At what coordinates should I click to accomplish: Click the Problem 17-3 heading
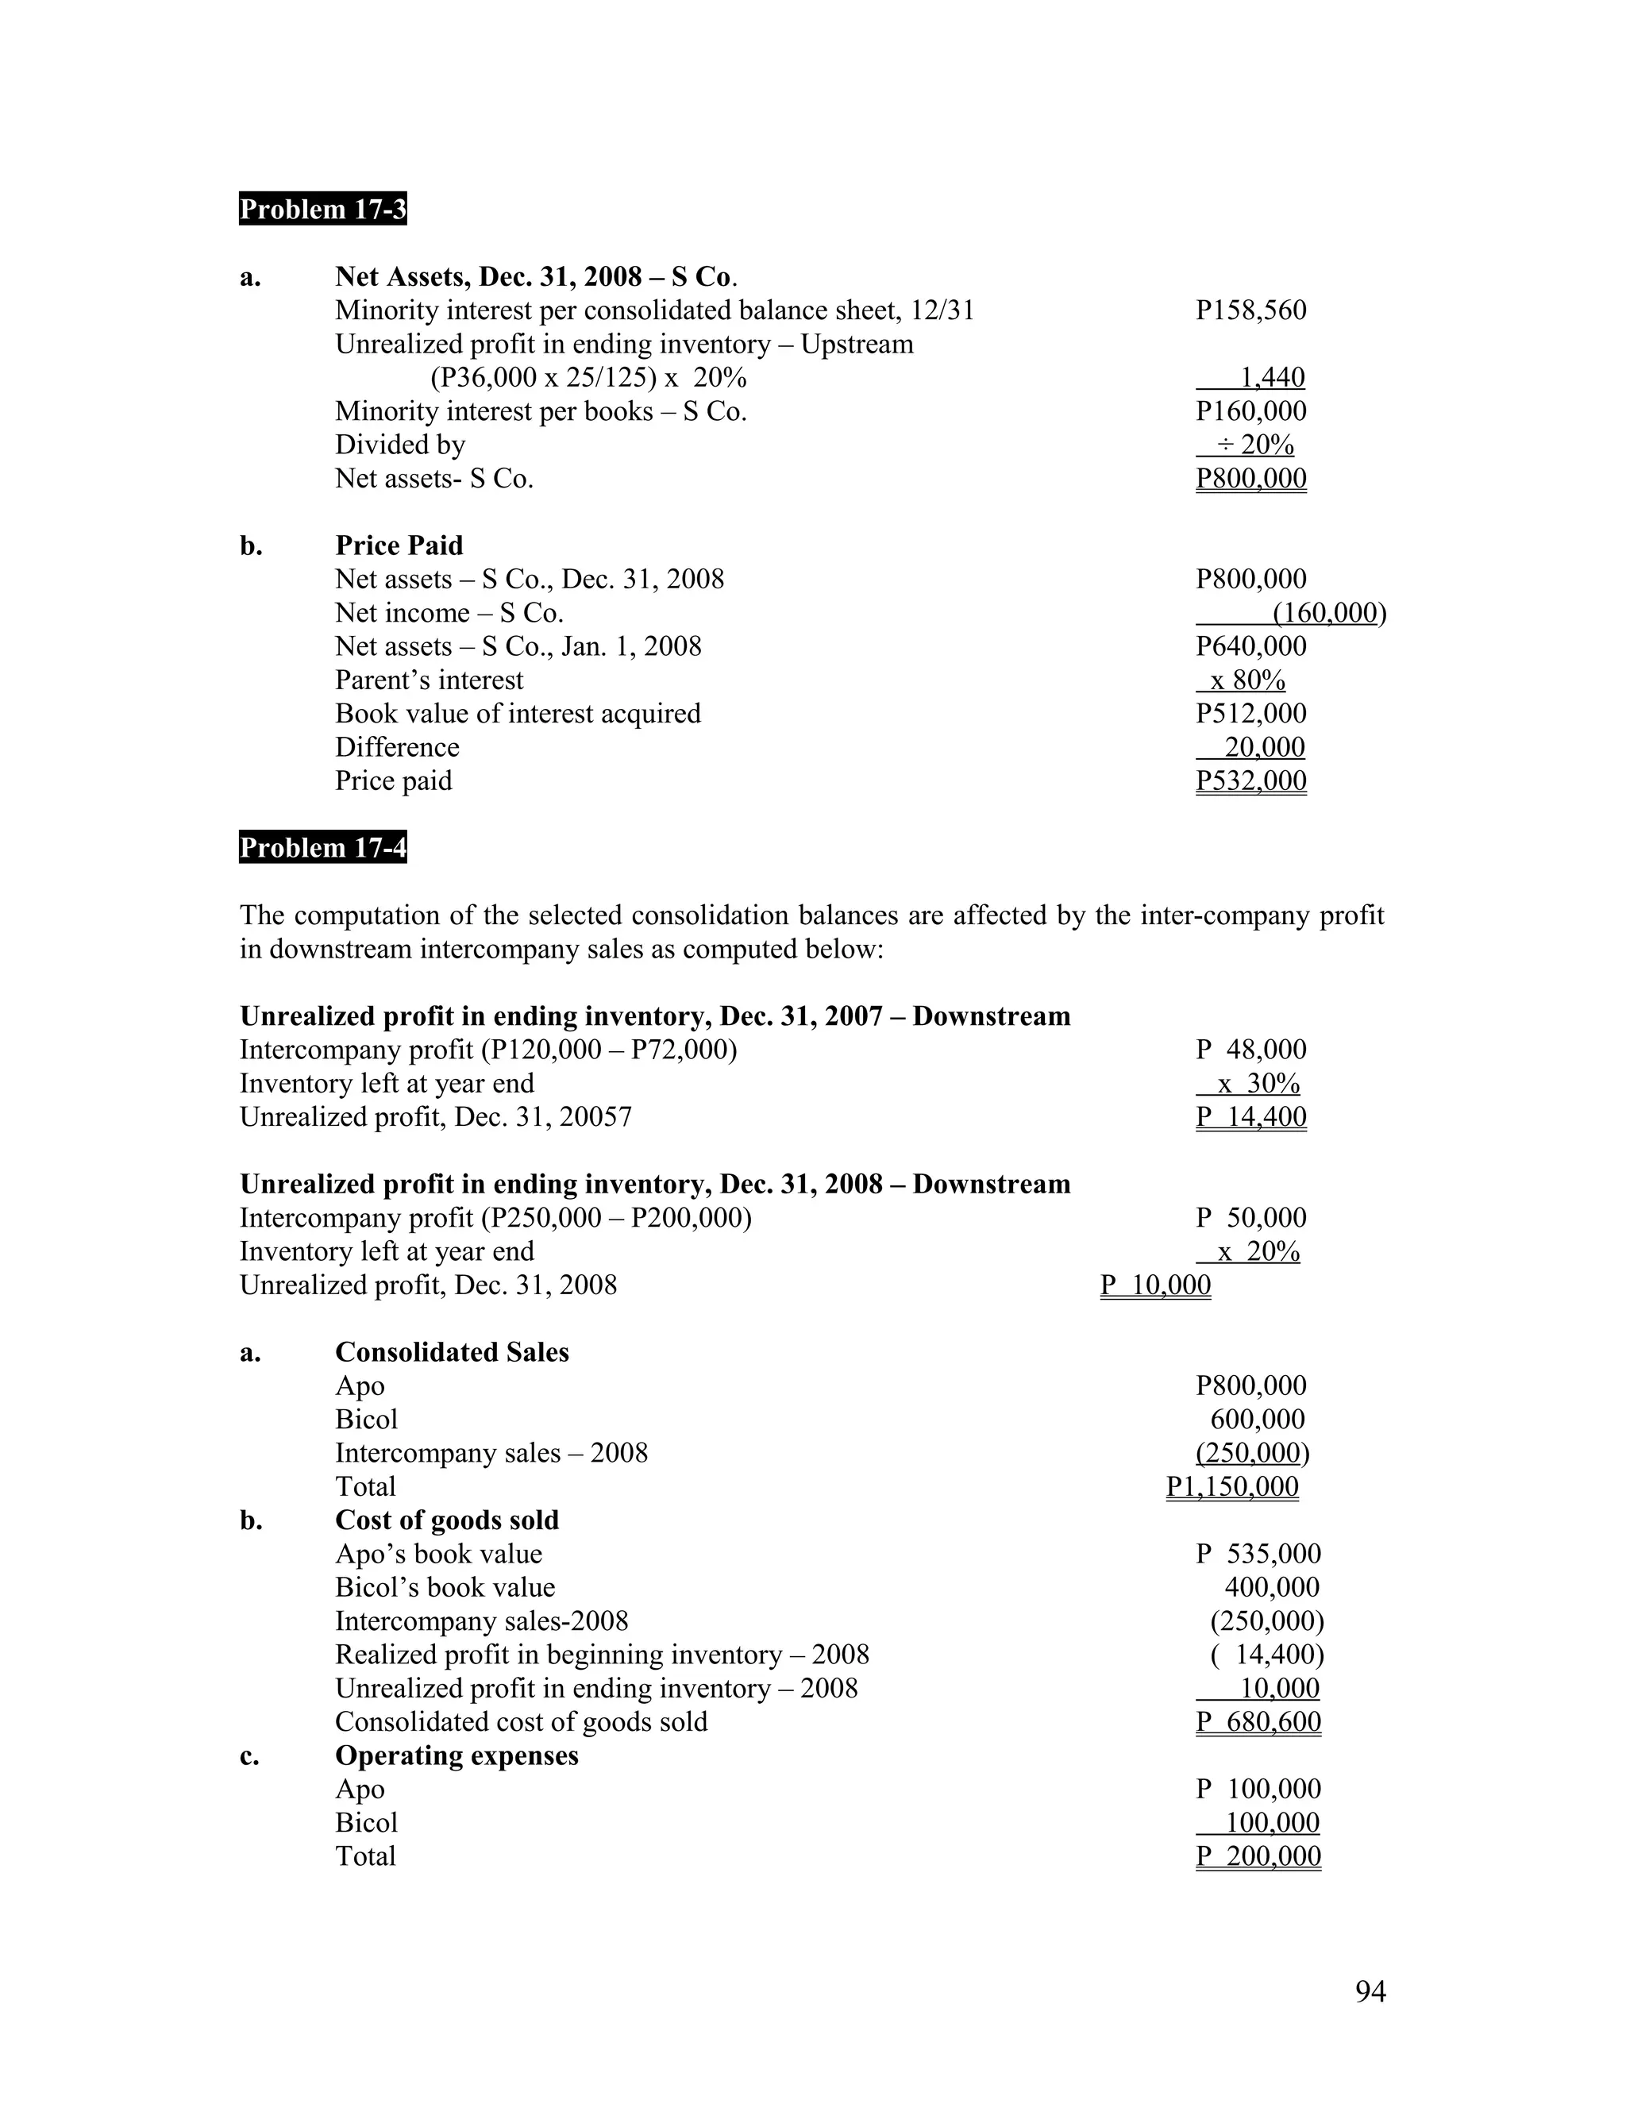click(x=322, y=209)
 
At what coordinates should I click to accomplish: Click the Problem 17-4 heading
click(x=322, y=848)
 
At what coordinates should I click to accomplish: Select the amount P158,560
click(x=1250, y=310)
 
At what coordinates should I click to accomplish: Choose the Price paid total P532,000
click(x=1250, y=780)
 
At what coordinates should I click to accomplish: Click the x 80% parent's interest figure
click(x=1247, y=680)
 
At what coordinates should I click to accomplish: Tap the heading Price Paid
click(x=399, y=545)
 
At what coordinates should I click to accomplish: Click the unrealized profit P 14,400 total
click(x=1250, y=1116)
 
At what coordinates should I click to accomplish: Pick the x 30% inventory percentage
click(x=1258, y=1084)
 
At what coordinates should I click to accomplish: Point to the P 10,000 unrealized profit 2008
click(x=1155, y=1285)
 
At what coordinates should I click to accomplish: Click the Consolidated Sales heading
click(x=452, y=1353)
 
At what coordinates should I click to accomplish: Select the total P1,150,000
click(x=1232, y=1486)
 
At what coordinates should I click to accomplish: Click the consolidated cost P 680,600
click(x=1258, y=1721)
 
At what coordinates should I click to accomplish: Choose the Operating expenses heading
click(x=457, y=1755)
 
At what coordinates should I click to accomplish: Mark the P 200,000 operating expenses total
click(x=1258, y=1856)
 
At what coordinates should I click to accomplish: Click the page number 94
click(x=1370, y=1991)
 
